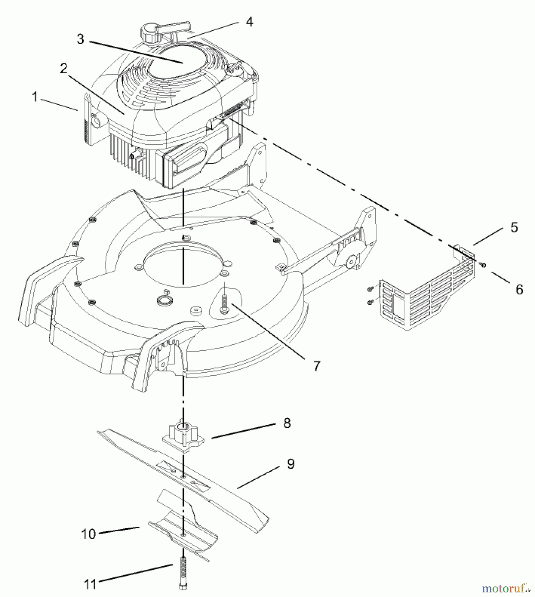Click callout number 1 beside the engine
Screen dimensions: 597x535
pyautogui.click(x=34, y=97)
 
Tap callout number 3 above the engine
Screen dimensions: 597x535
pyautogui.click(x=80, y=39)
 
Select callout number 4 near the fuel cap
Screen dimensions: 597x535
pyautogui.click(x=249, y=22)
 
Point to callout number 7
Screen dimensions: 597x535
pyautogui.click(x=316, y=366)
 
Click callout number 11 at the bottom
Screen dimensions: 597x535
pyautogui.click(x=90, y=584)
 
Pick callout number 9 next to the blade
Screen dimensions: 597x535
pyautogui.click(x=291, y=464)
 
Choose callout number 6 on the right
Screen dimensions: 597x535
pyautogui.click(x=519, y=289)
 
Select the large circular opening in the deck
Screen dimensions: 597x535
pyautogui.click(x=182, y=262)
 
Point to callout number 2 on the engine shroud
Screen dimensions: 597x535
pyautogui.click(x=63, y=69)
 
